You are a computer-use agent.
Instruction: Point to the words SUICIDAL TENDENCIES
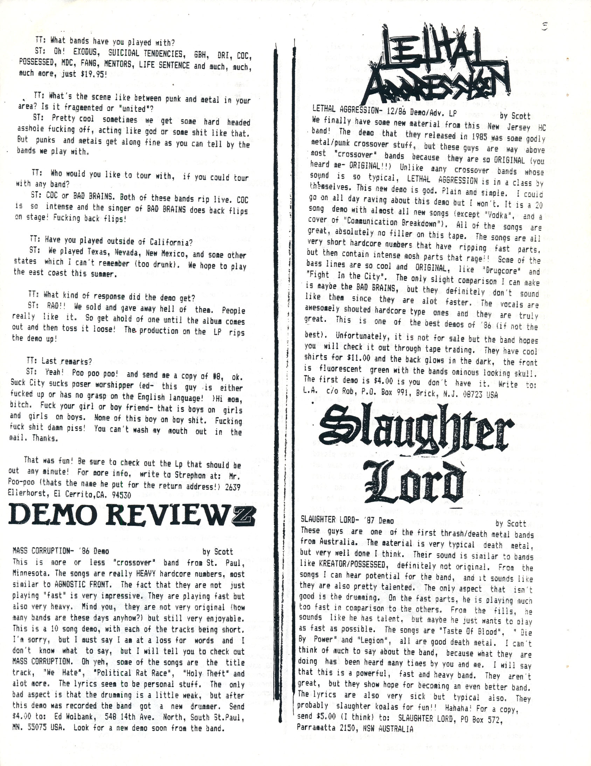[x=145, y=54]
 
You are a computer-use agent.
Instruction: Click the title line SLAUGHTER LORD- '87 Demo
[x=347, y=521]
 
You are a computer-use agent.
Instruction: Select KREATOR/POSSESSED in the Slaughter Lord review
[x=354, y=565]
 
